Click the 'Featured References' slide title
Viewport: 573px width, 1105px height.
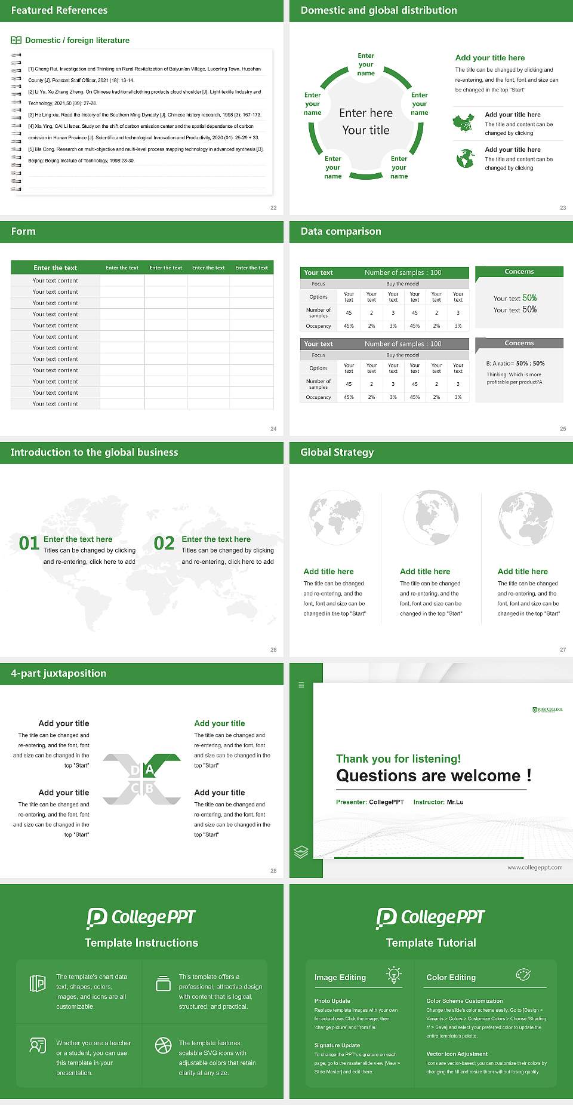coord(59,10)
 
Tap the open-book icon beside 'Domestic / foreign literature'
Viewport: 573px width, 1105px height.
coord(16,40)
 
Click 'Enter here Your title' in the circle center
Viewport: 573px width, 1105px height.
coord(366,121)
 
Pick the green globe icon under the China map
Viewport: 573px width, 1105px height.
coord(465,158)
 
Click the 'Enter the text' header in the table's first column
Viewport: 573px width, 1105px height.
coord(56,268)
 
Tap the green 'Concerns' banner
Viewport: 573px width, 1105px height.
coord(519,272)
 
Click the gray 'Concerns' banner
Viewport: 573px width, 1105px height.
coord(519,343)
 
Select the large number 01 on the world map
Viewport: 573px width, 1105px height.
coord(29,543)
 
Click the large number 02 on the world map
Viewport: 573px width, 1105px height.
coord(164,543)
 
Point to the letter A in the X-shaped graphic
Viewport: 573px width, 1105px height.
coord(149,769)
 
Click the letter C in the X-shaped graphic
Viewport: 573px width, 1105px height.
coord(135,788)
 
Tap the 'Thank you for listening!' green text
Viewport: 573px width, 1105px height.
coord(398,759)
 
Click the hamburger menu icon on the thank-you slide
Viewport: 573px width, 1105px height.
coord(301,685)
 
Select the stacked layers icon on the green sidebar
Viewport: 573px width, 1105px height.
coord(301,852)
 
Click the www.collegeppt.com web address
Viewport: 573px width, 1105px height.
coord(535,867)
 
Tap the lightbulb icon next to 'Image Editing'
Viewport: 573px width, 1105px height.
coord(393,975)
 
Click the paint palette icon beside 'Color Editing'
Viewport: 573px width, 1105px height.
coord(523,974)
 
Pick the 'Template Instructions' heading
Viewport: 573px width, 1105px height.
coord(141,943)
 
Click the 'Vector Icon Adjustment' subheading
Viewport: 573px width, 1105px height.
coord(457,1054)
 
